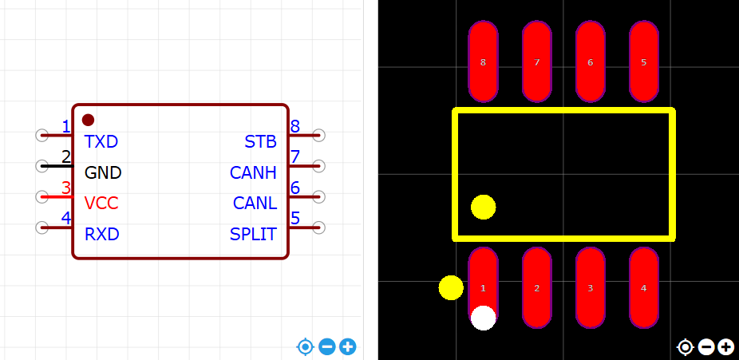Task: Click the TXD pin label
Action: (101, 142)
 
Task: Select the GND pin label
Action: (103, 172)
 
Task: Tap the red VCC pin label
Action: (101, 204)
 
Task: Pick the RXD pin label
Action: (101, 235)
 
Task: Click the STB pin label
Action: (260, 142)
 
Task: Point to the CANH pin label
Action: (253, 172)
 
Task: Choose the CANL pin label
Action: (255, 204)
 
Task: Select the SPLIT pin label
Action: (253, 235)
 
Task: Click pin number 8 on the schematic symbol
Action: (295, 126)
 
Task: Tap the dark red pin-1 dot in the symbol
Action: (88, 120)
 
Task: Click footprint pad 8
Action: (483, 61)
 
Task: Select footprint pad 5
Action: (643, 61)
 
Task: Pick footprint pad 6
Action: (590, 61)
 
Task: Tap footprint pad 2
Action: (536, 287)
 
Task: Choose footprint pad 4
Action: (643, 287)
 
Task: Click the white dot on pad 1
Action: (483, 318)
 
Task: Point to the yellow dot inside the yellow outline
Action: (483, 207)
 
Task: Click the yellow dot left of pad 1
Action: (451, 287)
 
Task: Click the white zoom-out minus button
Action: (705, 347)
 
